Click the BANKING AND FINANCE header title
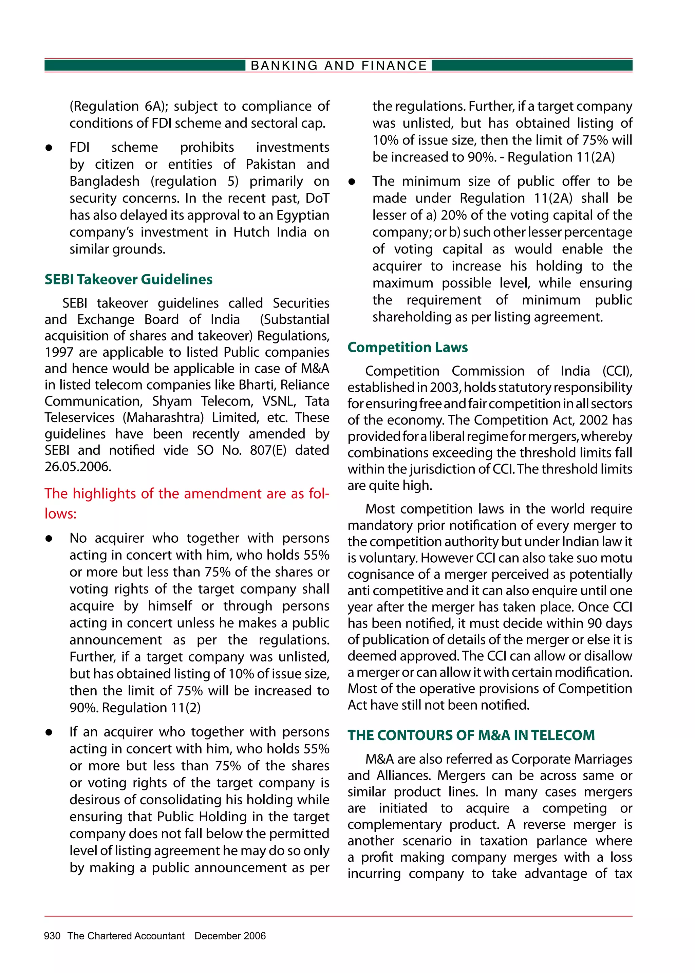pos(339,66)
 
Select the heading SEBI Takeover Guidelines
pos(128,279)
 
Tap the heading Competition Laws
pos(408,347)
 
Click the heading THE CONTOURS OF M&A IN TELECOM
pos(471,735)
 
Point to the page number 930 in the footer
pos(52,936)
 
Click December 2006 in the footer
pos(230,936)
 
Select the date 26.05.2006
pos(78,466)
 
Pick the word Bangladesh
pos(105,182)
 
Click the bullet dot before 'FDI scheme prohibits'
pos(49,148)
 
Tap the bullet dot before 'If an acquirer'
pos(49,732)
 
